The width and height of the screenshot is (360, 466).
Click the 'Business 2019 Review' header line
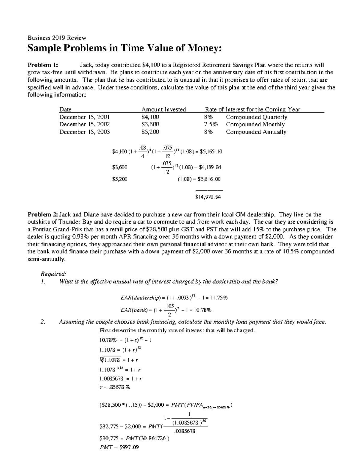tap(57, 38)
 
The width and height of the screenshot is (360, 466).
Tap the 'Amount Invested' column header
tap(163, 109)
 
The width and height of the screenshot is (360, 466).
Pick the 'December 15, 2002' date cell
tap(84, 124)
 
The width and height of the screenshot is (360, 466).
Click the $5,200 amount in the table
tap(150, 132)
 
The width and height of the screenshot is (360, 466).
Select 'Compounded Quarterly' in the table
tap(256, 117)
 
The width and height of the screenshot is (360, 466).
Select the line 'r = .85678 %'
tap(115, 387)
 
